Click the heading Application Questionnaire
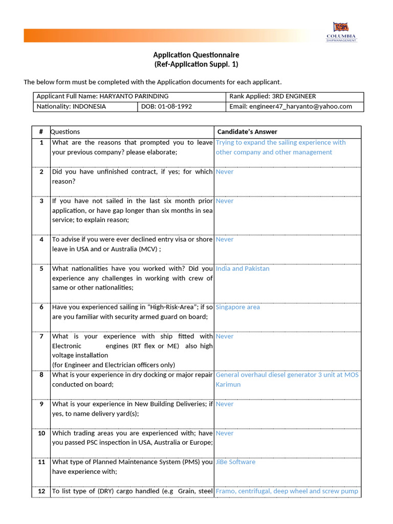point(196,55)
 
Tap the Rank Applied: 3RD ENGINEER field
point(272,96)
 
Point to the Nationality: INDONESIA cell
point(71,106)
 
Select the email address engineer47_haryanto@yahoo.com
point(300,106)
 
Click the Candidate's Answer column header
point(247,132)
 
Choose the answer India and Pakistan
point(243,269)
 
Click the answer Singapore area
point(237,307)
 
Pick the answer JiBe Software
point(235,462)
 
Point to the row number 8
point(41,375)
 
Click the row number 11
point(41,462)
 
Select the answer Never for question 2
point(224,172)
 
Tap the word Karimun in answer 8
point(228,384)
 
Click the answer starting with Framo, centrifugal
point(287,491)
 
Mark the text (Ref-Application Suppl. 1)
point(196,64)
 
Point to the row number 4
point(41,239)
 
